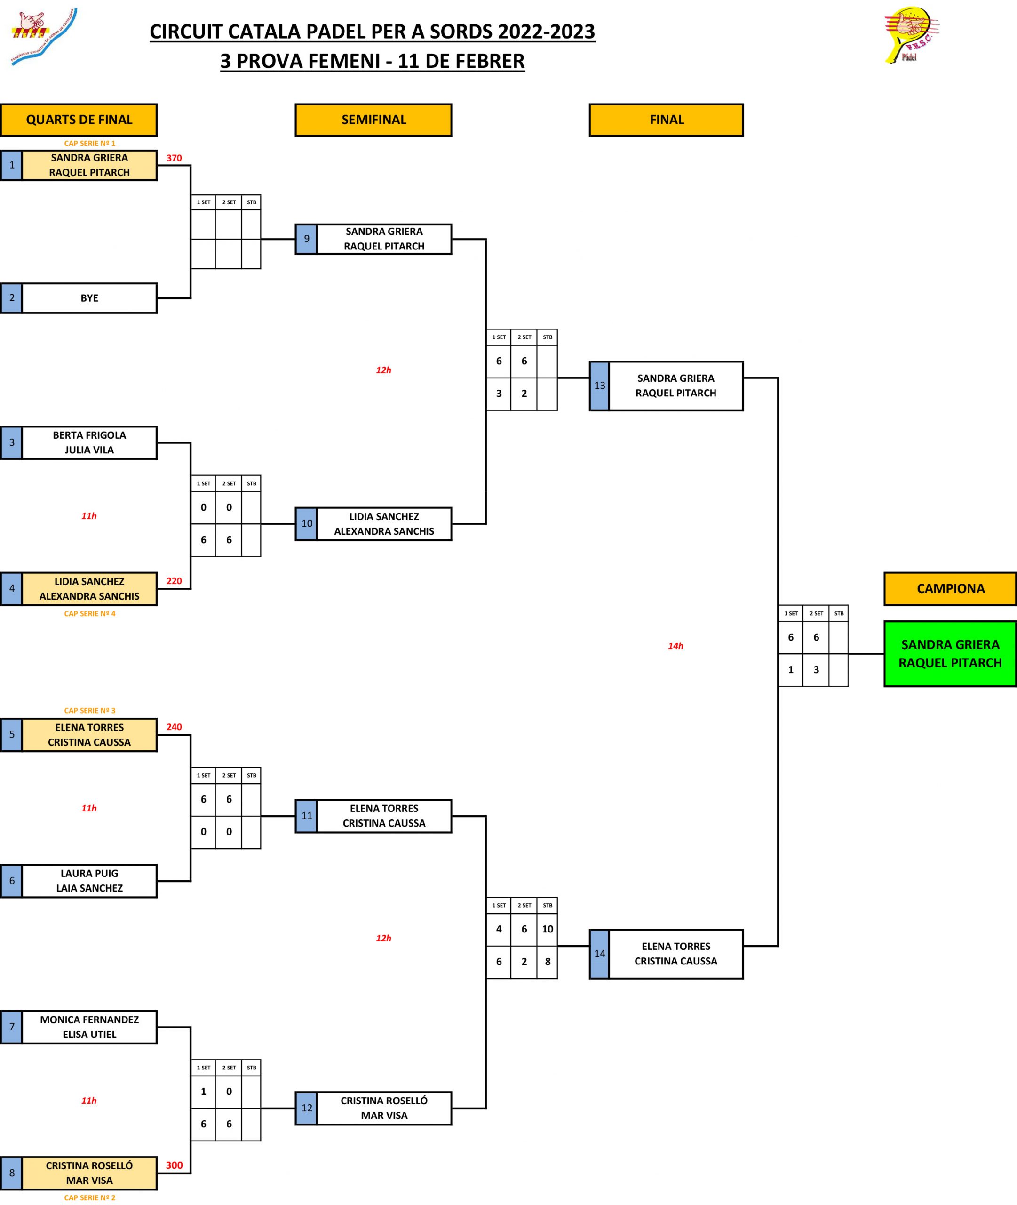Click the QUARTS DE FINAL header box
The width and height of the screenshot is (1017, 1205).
click(79, 120)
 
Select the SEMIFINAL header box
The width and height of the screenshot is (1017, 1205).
click(373, 120)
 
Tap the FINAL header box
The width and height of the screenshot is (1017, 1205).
click(666, 120)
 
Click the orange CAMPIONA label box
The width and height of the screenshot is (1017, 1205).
click(950, 588)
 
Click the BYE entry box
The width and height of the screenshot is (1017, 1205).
click(89, 298)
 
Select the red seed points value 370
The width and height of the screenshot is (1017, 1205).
click(174, 158)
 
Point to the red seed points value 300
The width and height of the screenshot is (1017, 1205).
click(174, 1165)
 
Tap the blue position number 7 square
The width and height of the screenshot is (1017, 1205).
click(12, 1027)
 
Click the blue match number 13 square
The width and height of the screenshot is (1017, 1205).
click(600, 386)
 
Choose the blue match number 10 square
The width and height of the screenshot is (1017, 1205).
click(307, 524)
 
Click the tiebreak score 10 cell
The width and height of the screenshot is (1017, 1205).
click(547, 929)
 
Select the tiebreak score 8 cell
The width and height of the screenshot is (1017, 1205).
click(547, 962)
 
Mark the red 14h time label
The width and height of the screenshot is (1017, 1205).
click(675, 646)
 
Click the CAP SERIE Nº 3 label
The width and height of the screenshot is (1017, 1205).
click(89, 711)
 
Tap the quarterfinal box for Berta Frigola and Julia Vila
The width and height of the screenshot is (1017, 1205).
click(89, 442)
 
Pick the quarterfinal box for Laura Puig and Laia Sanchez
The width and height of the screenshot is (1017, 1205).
click(89, 881)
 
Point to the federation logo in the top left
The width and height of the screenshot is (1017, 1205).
click(43, 36)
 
